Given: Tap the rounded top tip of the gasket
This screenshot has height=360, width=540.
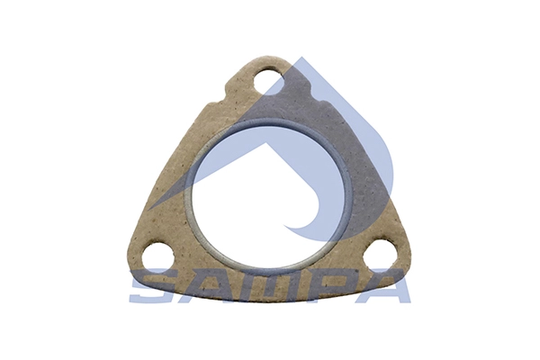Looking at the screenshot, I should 267,58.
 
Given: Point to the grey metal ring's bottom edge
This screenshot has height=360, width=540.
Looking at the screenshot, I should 267,267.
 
